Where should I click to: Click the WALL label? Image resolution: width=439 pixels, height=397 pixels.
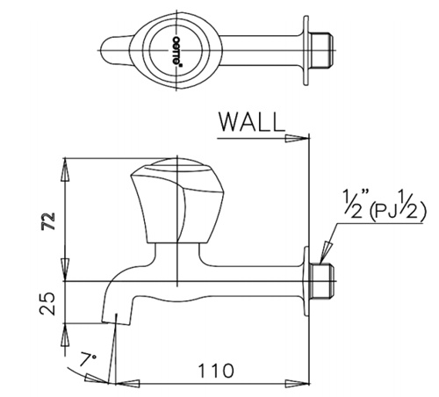pyautogui.click(x=252, y=122)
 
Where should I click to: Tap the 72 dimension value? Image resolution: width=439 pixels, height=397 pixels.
pyautogui.click(x=48, y=220)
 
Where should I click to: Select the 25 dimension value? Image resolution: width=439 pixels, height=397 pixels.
pyautogui.click(x=47, y=303)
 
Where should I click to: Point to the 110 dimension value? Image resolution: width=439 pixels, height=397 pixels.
pyautogui.click(x=216, y=371)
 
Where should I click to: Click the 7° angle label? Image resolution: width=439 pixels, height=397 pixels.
pyautogui.click(x=87, y=359)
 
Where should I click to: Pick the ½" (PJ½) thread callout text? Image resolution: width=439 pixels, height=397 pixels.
pyautogui.click(x=385, y=205)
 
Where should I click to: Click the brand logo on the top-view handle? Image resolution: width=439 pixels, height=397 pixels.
pyautogui.click(x=176, y=52)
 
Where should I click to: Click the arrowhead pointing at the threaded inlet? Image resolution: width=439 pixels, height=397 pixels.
pyautogui.click(x=325, y=252)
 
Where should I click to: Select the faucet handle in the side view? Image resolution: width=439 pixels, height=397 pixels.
pyautogui.click(x=177, y=201)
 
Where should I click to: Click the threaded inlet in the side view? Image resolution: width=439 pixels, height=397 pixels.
pyautogui.click(x=321, y=281)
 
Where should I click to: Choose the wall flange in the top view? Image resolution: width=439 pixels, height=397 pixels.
pyautogui.click(x=306, y=50)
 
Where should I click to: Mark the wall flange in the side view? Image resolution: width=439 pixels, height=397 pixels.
pyautogui.click(x=306, y=281)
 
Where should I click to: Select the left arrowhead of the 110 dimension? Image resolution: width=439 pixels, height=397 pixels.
pyautogui.click(x=128, y=384)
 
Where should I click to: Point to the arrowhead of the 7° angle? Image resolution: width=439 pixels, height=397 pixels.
pyautogui.click(x=97, y=378)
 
